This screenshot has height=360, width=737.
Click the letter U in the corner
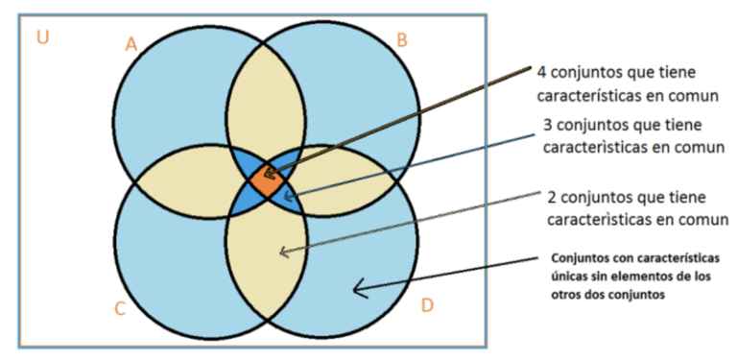click(41, 37)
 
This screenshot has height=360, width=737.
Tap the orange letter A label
click(131, 43)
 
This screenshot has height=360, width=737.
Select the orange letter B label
click(402, 39)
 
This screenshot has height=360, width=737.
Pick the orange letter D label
click(427, 305)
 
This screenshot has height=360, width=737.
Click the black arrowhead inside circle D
click(357, 285)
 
